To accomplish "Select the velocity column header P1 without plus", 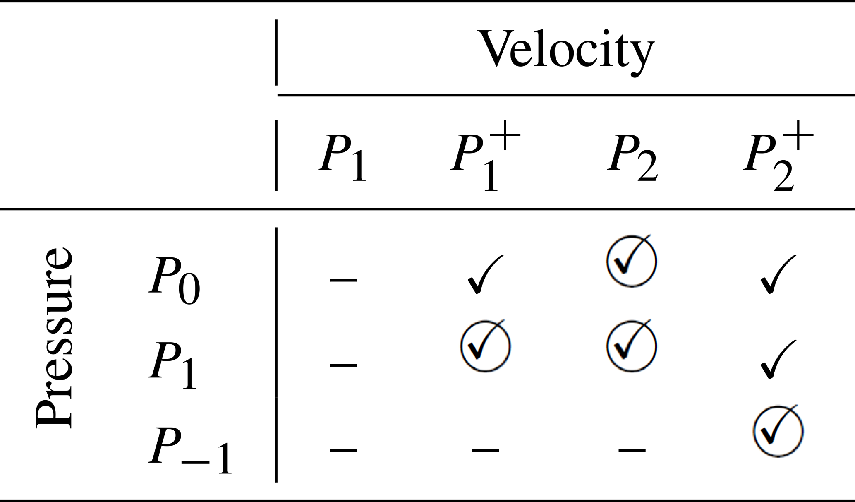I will click(x=342, y=159).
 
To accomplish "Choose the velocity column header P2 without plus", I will click(x=632, y=159).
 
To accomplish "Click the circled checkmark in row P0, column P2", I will click(x=631, y=261).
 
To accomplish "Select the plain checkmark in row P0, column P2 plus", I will click(x=777, y=274).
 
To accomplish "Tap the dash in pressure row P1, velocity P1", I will click(x=343, y=365).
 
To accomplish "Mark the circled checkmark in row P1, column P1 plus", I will click(x=485, y=346).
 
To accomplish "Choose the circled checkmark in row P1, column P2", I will click(x=631, y=346).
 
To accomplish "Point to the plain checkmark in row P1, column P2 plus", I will click(x=777, y=359).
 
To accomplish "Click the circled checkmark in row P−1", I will click(x=778, y=431).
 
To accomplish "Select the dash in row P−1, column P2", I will click(x=632, y=450).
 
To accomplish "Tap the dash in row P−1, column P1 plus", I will click(x=485, y=450).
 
